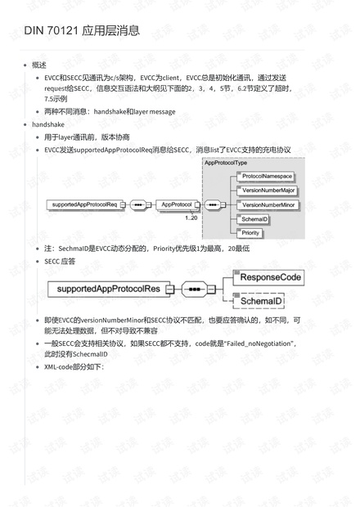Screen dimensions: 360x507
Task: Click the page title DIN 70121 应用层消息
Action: [x=81, y=31]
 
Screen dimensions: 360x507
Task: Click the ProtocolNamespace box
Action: [x=268, y=177]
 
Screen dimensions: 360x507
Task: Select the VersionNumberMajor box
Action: [x=269, y=190]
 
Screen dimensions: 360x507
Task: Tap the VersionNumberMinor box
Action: [x=269, y=204]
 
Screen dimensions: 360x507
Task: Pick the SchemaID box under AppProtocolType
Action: [x=255, y=219]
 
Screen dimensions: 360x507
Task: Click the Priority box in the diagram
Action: [x=252, y=233]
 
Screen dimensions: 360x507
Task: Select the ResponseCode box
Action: [x=270, y=277]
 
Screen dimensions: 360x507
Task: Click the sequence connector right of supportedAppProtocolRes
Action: [x=197, y=289]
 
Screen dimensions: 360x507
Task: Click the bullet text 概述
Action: [x=39, y=65]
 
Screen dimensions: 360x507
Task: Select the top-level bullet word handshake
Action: [x=48, y=124]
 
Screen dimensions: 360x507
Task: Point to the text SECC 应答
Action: [x=60, y=262]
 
